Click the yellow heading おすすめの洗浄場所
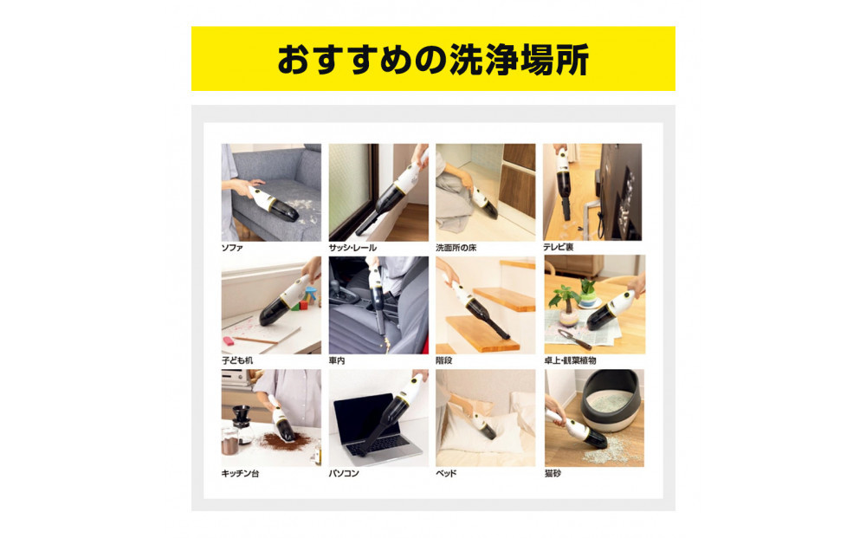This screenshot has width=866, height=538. (433, 60)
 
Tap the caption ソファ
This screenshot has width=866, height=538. (232, 248)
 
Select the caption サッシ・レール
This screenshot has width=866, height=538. (352, 248)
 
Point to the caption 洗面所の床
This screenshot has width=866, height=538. (456, 248)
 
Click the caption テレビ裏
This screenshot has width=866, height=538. (558, 248)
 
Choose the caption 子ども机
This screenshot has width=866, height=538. (237, 360)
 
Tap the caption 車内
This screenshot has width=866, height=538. (337, 360)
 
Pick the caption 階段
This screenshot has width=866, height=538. (444, 360)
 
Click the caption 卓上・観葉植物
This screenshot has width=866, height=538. (570, 360)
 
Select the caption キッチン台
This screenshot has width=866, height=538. (240, 473)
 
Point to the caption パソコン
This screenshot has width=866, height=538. (344, 473)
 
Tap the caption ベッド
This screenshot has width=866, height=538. (446, 473)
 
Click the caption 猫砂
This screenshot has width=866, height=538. (553, 473)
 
